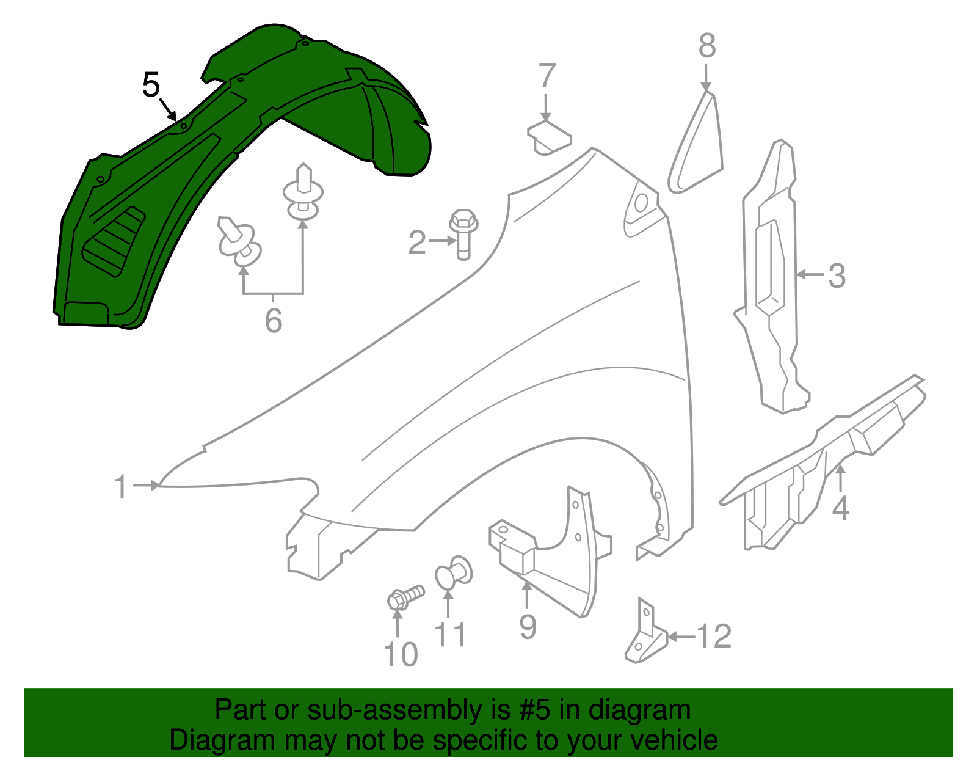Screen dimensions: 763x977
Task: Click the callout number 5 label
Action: click(x=151, y=85)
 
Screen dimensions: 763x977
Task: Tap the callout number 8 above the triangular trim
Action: click(x=706, y=46)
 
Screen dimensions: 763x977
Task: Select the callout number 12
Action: click(x=714, y=637)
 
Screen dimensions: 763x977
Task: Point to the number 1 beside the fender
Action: click(x=122, y=487)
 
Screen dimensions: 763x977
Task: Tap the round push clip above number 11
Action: click(x=452, y=572)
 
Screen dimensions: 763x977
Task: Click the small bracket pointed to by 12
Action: click(x=644, y=635)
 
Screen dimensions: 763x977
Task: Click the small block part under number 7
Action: click(x=549, y=137)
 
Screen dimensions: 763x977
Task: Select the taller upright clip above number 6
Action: click(x=303, y=192)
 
